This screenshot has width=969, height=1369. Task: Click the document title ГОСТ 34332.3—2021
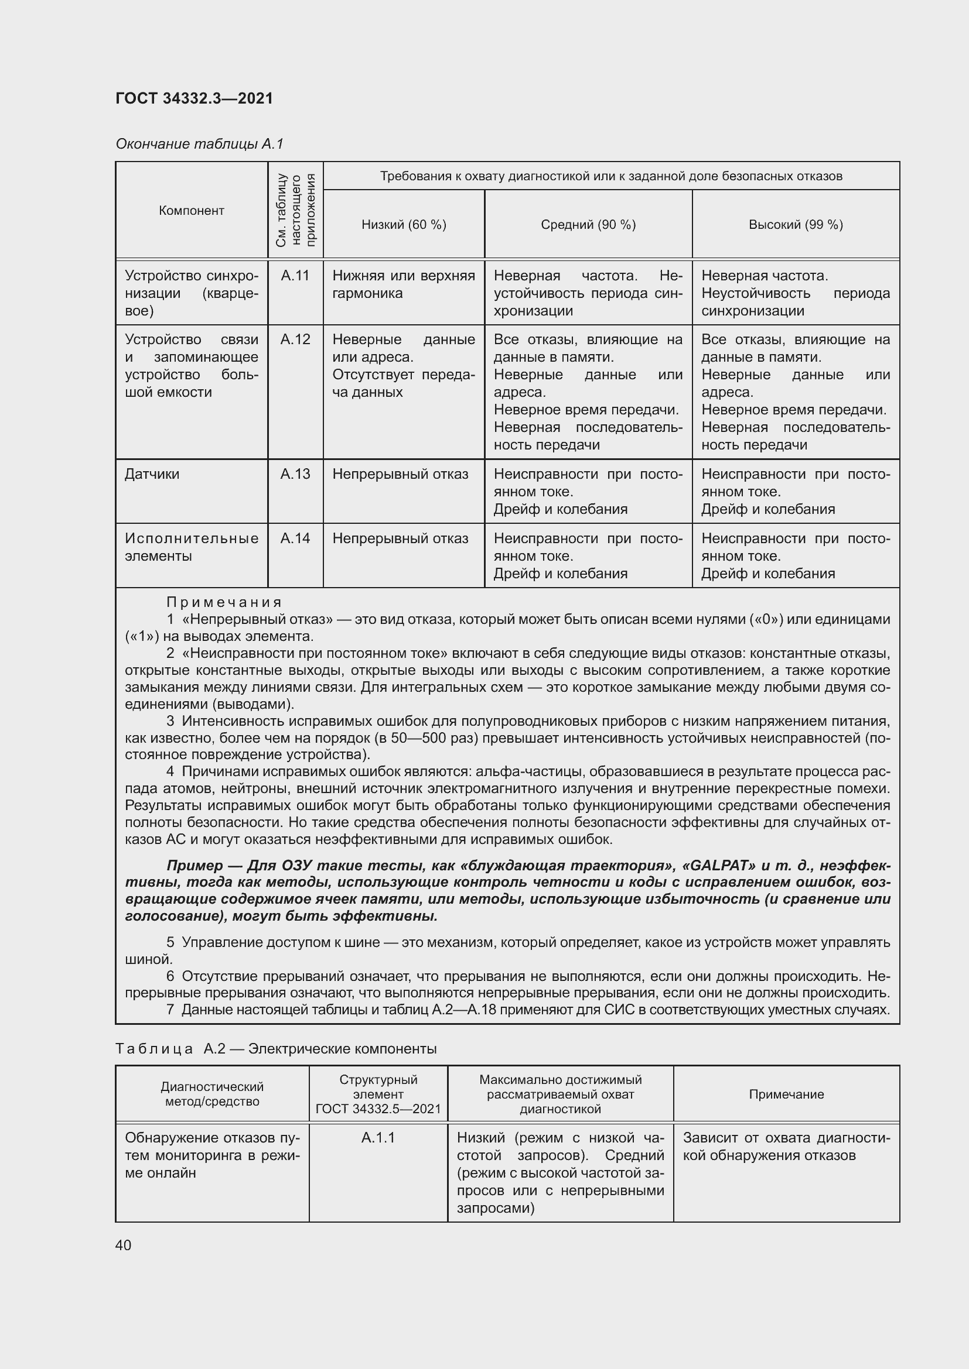[194, 98]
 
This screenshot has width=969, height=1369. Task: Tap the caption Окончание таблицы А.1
[199, 144]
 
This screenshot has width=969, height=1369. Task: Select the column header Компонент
[192, 211]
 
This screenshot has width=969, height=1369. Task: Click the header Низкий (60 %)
[404, 225]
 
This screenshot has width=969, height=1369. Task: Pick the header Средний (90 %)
[588, 225]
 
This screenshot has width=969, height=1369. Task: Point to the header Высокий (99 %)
[796, 225]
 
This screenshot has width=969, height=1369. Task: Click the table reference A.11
[295, 276]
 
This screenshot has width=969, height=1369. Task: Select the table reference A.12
[295, 340]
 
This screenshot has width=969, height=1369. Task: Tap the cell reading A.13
[295, 474]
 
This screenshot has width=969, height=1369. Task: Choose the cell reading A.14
[295, 538]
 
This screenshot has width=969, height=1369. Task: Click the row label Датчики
[152, 474]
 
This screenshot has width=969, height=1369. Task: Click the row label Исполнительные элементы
[192, 547]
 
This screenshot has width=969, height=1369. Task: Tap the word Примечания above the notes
[224, 602]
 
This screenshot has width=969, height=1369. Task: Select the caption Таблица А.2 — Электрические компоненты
[277, 1049]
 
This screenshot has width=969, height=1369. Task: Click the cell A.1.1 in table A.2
[378, 1138]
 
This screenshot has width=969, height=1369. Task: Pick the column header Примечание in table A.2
[786, 1094]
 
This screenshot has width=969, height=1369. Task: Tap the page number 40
[124, 1245]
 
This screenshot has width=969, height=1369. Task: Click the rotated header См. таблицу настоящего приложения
[295, 210]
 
